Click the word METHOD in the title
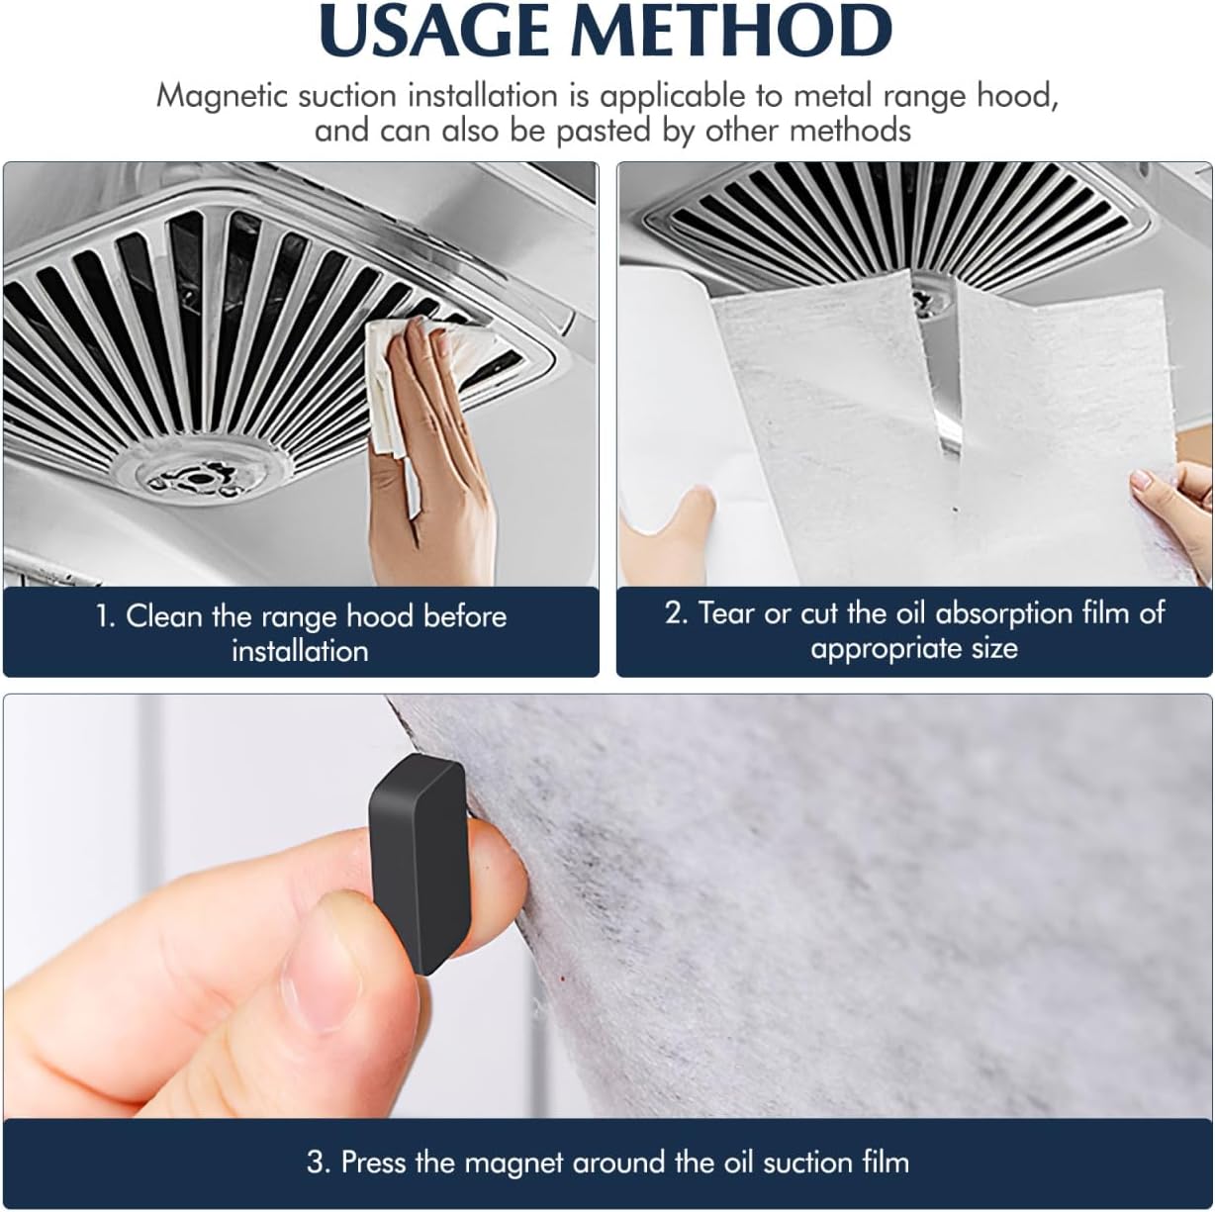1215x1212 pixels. [x=733, y=32]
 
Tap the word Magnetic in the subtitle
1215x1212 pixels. [x=222, y=96]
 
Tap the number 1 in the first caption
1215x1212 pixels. [x=103, y=616]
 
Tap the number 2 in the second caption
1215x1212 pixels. [x=674, y=613]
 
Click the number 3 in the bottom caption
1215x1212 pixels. [x=317, y=1162]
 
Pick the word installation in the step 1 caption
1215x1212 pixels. [x=300, y=651]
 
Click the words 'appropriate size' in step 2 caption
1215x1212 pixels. [x=913, y=649]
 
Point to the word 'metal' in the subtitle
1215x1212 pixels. [x=831, y=96]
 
